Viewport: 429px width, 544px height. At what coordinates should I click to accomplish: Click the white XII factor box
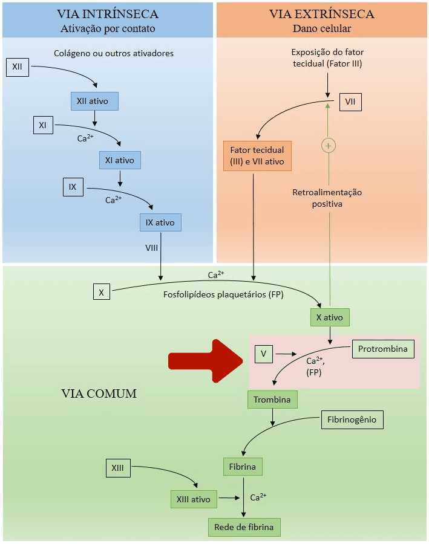pyautogui.click(x=17, y=66)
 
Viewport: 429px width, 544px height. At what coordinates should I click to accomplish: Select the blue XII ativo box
pyautogui.click(x=93, y=101)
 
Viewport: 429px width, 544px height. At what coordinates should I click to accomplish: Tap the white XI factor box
pyautogui.click(x=43, y=126)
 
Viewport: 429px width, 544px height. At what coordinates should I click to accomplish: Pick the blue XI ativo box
pyautogui.click(x=120, y=160)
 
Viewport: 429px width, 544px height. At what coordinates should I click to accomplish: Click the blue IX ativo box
pyautogui.click(x=160, y=222)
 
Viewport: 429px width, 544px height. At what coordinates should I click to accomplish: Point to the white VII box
pyautogui.click(x=350, y=102)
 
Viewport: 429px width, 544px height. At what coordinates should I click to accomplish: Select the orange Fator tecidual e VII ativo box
pyautogui.click(x=257, y=156)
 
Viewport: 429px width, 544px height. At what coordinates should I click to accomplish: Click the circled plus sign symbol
pyautogui.click(x=329, y=146)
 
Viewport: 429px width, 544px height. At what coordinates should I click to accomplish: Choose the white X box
pyautogui.click(x=102, y=292)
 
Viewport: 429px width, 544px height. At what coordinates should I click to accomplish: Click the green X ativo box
pyautogui.click(x=329, y=317)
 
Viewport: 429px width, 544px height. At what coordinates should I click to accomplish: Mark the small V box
pyautogui.click(x=264, y=354)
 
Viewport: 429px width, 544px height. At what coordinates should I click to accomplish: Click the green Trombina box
pyautogui.click(x=272, y=400)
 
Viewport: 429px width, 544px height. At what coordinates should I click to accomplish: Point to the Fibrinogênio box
pyautogui.click(x=352, y=419)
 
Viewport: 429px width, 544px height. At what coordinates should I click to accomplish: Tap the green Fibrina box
pyautogui.click(x=242, y=467)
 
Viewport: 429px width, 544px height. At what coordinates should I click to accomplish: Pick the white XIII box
pyautogui.click(x=117, y=468)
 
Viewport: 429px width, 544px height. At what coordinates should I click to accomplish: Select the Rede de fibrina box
pyautogui.click(x=244, y=527)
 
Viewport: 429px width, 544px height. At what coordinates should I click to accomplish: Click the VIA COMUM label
pyautogui.click(x=99, y=393)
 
